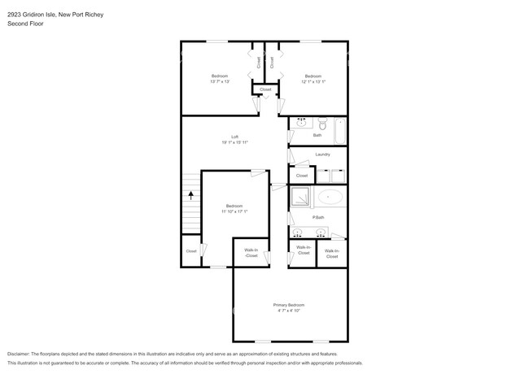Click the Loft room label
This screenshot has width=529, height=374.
point(234,136)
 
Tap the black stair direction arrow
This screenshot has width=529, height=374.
point(191,195)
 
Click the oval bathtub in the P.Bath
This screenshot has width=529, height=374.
point(330,197)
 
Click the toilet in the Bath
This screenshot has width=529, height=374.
point(321,124)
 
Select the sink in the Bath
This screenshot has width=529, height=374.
point(300,124)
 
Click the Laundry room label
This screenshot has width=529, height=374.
point(321,154)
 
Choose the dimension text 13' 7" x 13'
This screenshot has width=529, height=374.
point(219,81)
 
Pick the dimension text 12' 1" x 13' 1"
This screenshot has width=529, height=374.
point(313,81)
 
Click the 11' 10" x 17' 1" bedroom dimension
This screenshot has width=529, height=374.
point(234,211)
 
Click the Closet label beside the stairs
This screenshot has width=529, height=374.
point(190,251)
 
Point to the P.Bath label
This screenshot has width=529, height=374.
point(318,217)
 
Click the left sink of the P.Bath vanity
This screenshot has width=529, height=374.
point(299,232)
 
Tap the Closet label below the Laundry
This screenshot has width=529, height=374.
point(301,176)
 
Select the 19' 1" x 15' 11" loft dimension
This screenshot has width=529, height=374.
point(234,142)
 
